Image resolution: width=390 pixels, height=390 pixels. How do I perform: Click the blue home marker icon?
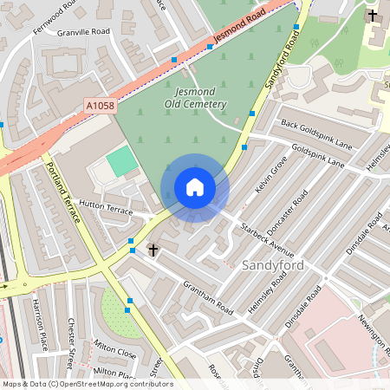(195, 187)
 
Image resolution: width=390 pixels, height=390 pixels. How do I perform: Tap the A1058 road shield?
(100, 105)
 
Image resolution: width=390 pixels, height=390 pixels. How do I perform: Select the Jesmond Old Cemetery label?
(195, 98)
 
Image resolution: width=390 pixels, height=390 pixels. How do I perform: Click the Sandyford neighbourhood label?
(273, 264)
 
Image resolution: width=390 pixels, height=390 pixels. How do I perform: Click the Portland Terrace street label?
(63, 192)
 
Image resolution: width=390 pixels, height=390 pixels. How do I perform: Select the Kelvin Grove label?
(270, 173)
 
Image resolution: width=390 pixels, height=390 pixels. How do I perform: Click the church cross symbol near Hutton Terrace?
(153, 250)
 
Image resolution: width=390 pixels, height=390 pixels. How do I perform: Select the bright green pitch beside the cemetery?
(122, 161)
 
